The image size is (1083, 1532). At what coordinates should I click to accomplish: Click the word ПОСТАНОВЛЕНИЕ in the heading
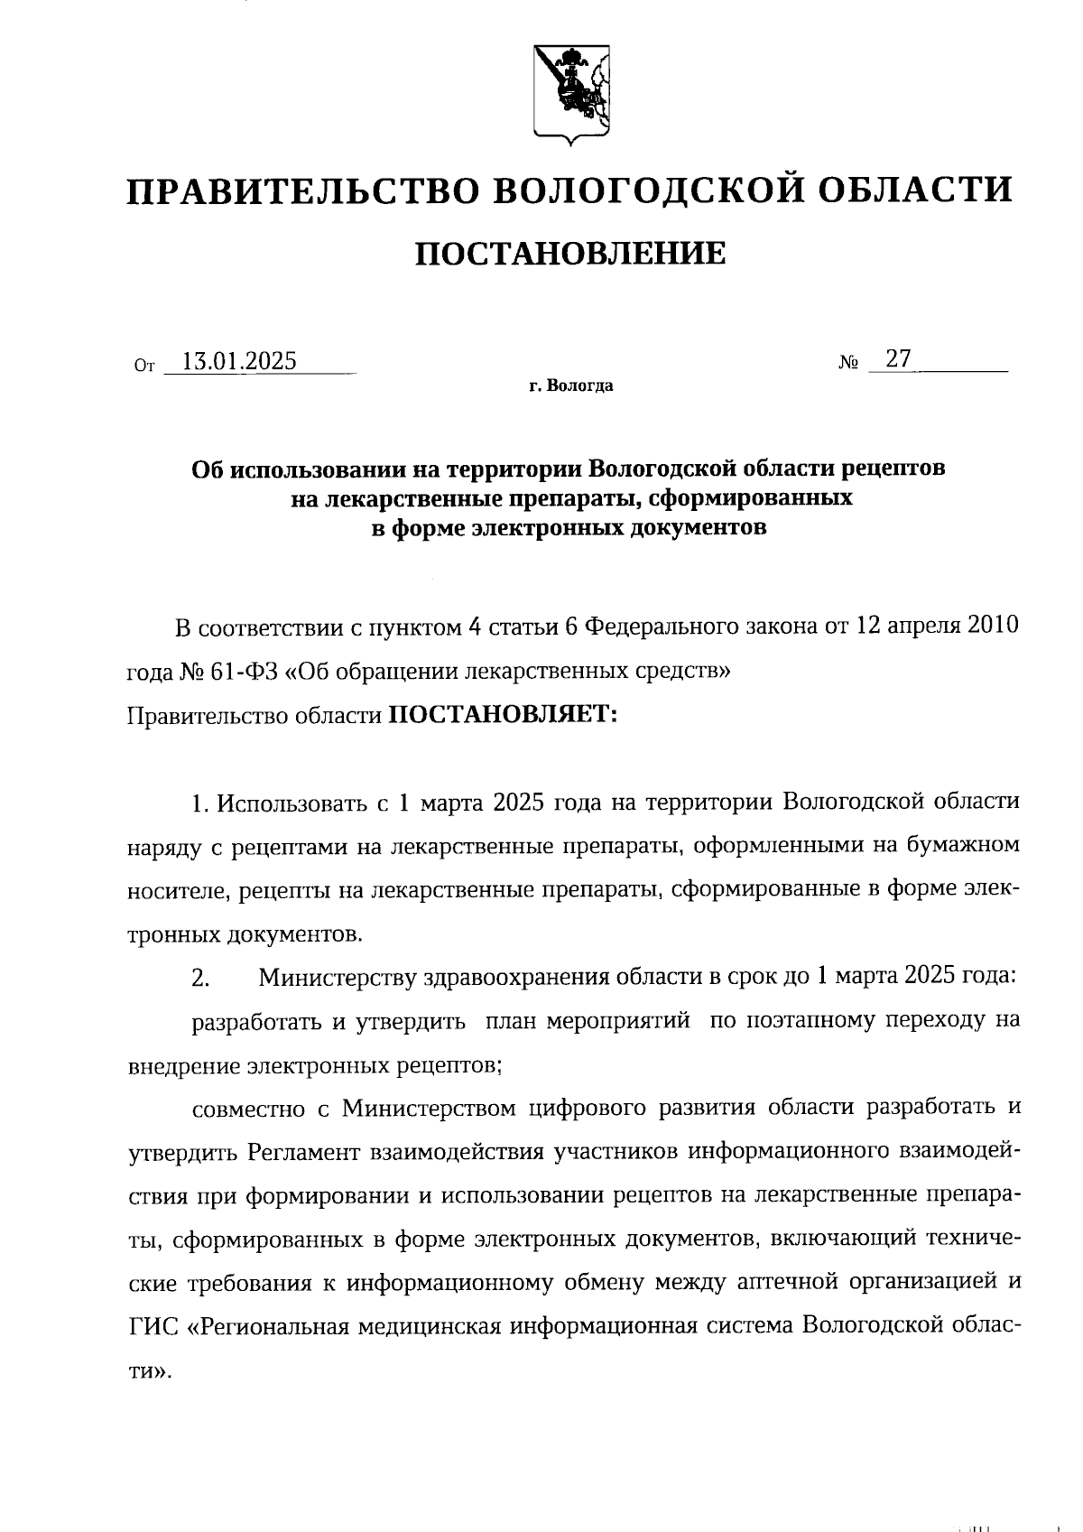coord(570,253)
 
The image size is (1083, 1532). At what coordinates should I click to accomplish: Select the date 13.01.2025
coord(239,362)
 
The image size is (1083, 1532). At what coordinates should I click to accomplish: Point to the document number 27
coord(898,359)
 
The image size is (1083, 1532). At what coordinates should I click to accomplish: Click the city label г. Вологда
coord(571,386)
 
